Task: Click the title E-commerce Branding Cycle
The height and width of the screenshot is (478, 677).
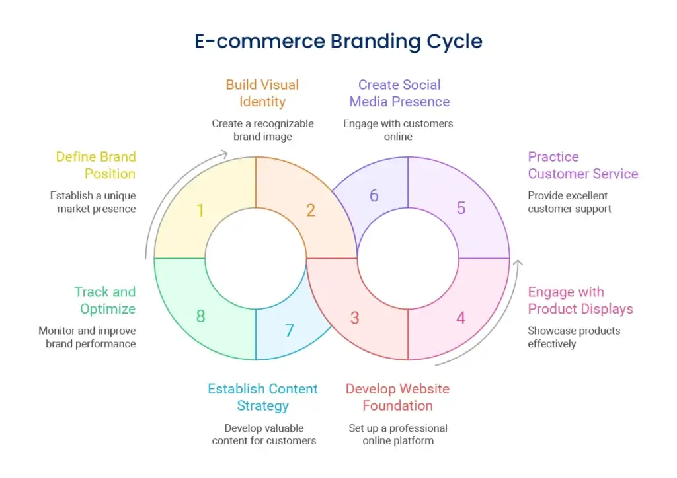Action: pyautogui.click(x=338, y=41)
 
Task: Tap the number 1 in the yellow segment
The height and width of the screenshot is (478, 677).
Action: pyautogui.click(x=200, y=211)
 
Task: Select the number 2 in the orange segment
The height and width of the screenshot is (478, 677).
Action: pyautogui.click(x=310, y=211)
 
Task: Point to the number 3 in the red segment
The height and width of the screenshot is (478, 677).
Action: pyautogui.click(x=354, y=318)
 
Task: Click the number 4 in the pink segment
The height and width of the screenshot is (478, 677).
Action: pyautogui.click(x=461, y=318)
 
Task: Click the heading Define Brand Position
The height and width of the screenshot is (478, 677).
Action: pyautogui.click(x=96, y=165)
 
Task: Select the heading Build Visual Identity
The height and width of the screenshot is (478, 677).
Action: pyautogui.click(x=262, y=93)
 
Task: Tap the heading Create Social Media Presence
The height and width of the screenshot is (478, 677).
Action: pyautogui.click(x=399, y=93)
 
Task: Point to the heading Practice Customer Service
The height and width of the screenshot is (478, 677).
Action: pyautogui.click(x=582, y=165)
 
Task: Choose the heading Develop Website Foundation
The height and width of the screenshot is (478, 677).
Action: pyautogui.click(x=397, y=397)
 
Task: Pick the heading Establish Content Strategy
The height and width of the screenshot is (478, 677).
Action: pyautogui.click(x=262, y=397)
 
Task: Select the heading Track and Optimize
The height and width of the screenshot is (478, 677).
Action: pyautogui.click(x=105, y=300)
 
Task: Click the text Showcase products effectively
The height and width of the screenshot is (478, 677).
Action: pyautogui.click(x=574, y=337)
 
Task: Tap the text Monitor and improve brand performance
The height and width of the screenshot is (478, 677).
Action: pyautogui.click(x=87, y=337)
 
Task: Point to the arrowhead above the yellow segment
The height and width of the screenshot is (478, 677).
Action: pyautogui.click(x=224, y=154)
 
